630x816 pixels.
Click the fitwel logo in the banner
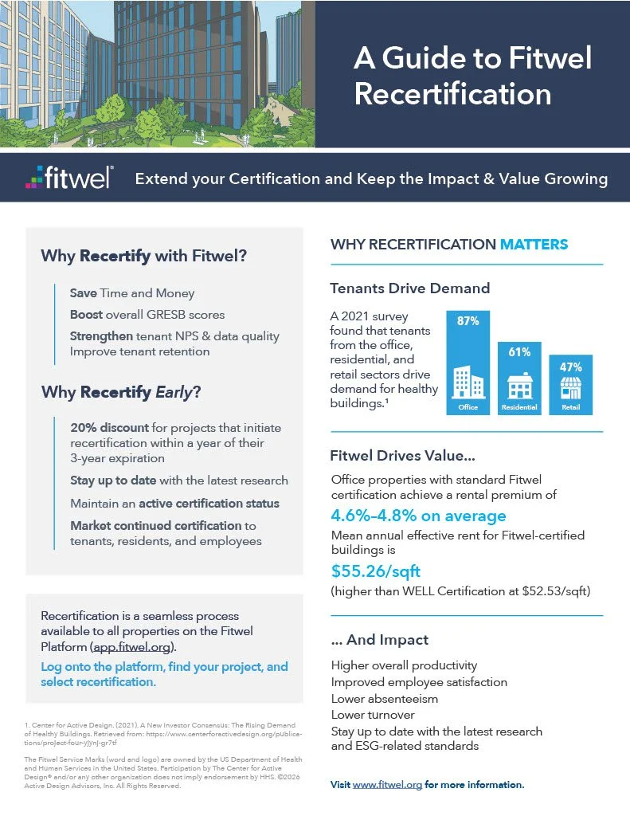(69, 178)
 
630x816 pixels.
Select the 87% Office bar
(468, 363)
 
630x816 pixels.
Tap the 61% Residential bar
(519, 379)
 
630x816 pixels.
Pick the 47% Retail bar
(571, 385)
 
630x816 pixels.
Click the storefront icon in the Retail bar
(571, 388)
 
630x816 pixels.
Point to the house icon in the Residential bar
(520, 386)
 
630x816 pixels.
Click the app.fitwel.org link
(132, 647)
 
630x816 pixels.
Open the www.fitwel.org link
(387, 784)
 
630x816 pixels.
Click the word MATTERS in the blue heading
(534, 244)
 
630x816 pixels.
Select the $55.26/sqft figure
(376, 571)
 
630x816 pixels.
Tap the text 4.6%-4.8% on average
(418, 516)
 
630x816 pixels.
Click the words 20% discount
(110, 427)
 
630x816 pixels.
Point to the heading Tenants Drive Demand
(410, 288)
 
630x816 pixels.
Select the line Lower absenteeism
(385, 698)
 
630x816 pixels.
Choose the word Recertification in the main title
(452, 94)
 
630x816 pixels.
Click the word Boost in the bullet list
(86, 314)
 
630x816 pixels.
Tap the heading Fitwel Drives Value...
(403, 455)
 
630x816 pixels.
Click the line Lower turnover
(373, 715)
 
